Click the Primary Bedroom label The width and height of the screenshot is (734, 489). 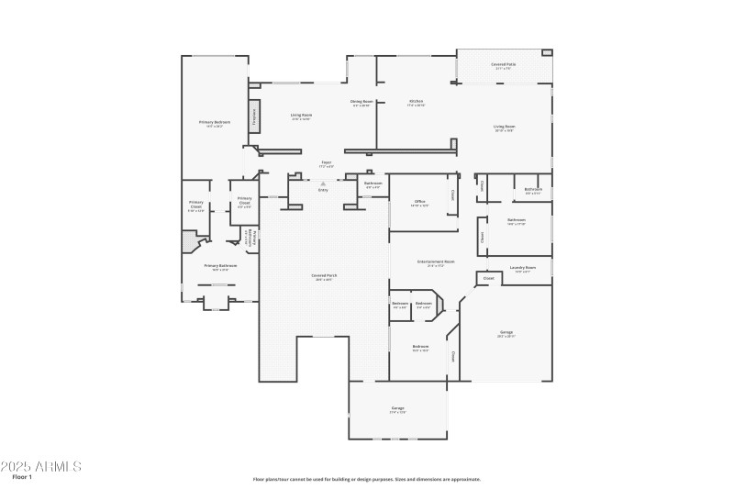click(215, 122)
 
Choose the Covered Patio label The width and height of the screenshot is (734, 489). click(503, 65)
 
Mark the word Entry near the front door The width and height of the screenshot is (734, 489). click(323, 190)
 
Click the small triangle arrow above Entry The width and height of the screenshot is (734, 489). click(323, 183)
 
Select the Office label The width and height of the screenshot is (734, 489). click(419, 201)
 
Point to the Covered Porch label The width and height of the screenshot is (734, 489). click(322, 276)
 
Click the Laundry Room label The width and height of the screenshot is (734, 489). click(523, 268)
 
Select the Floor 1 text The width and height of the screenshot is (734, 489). click(22, 477)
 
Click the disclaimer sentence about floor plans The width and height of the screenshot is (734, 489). click(367, 478)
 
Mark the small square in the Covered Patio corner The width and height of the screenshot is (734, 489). click(547, 53)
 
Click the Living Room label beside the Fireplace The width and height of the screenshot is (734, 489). click(301, 116)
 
